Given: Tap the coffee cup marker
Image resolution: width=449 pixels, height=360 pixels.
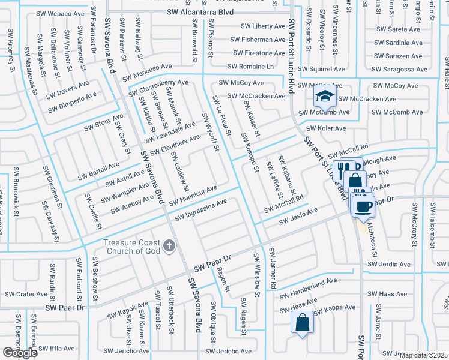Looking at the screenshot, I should tap(363, 207).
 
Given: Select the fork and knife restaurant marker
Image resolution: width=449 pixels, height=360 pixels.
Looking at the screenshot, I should tap(342, 169).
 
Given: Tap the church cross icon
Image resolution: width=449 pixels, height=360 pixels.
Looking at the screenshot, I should tap(170, 245).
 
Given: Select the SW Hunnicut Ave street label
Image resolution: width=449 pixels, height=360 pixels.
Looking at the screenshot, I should tap(193, 195).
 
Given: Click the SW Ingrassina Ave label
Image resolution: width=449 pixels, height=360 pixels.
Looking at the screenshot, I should tap(200, 209).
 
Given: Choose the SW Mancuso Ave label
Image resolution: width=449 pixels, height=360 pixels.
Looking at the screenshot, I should tap(147, 73).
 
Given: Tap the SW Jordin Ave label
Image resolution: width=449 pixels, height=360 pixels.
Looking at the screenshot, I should tap(390, 264).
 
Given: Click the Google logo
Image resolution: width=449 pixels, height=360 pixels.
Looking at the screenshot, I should tap(20, 353).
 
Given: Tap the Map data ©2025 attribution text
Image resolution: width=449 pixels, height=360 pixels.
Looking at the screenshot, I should tap(423, 355).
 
